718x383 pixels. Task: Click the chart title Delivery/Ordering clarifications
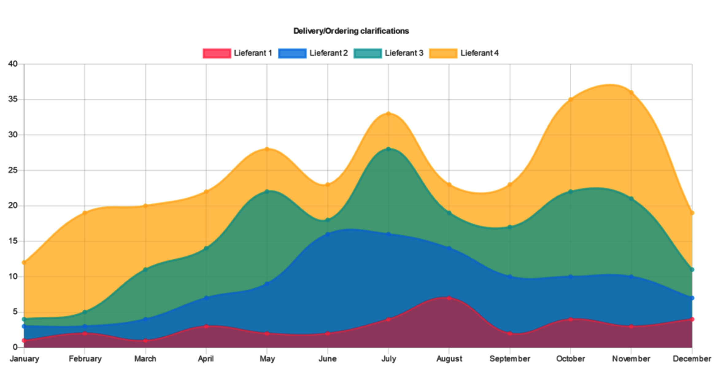351,31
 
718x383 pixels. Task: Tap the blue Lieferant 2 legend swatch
292,53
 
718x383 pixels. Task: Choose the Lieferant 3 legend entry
388,53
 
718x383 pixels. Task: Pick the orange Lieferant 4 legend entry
464,53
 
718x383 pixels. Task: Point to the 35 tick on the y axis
13,99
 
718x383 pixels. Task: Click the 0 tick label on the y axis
15,347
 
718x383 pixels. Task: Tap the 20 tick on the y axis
13,205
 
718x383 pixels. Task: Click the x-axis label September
510,359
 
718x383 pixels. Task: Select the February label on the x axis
85,359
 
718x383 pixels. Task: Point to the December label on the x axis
692,359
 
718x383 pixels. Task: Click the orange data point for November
631,92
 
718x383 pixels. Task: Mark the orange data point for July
388,114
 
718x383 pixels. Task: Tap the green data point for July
388,149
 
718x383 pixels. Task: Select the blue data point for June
327,234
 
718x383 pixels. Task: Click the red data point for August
449,298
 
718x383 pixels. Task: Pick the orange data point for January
24,262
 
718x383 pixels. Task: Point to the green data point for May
267,191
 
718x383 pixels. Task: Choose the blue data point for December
692,298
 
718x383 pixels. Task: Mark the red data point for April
206,326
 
